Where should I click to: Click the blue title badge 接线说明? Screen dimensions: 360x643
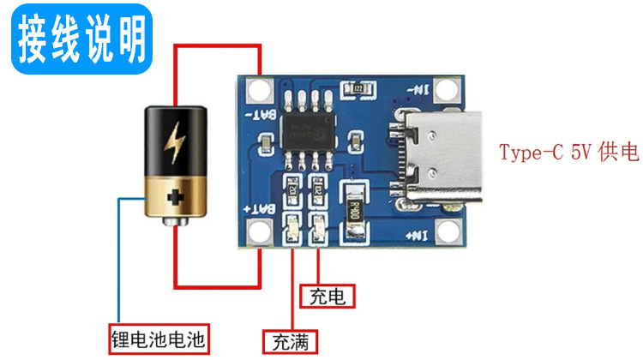point(81,37)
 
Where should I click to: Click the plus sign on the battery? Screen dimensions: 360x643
point(177,199)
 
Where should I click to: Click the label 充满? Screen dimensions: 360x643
point(290,342)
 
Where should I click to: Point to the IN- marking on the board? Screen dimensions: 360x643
point(421,88)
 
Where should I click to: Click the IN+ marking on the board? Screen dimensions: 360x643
point(420,233)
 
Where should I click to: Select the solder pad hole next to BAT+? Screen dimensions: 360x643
point(255,231)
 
